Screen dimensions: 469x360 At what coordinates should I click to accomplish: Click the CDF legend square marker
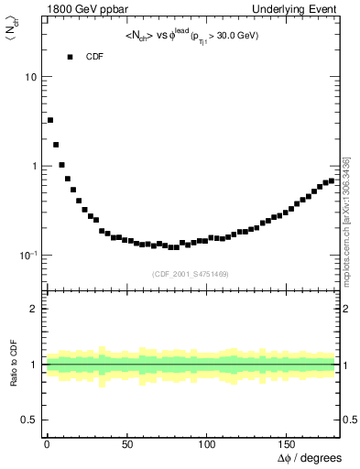(70, 57)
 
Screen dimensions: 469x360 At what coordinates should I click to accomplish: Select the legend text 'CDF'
(95, 57)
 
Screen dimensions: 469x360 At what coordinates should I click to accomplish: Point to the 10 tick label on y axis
(31, 77)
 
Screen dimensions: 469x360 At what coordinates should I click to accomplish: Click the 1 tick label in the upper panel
(35, 166)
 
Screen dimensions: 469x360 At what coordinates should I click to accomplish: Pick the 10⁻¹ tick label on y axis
(27, 254)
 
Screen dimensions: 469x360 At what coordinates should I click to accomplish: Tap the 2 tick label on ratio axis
(35, 309)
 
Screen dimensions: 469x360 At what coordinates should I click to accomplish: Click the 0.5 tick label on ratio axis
(29, 420)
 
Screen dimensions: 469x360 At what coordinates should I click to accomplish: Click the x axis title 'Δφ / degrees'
(309, 457)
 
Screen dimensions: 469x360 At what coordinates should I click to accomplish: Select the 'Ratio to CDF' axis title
(15, 363)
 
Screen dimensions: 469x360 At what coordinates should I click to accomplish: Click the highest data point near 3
(50, 120)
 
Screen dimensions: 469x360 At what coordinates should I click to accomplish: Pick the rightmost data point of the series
(332, 180)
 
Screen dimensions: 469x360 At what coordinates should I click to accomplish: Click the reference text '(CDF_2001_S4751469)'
(191, 274)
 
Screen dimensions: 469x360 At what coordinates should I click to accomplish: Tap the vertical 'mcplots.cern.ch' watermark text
(345, 220)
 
